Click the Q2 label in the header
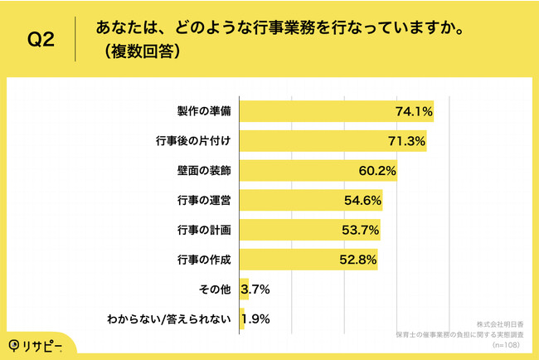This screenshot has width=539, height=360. click(41, 40)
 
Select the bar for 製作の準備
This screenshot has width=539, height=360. click(315, 111)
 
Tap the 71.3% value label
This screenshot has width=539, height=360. click(406, 141)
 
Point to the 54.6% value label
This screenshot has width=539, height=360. click(362, 201)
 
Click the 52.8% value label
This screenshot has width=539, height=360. click(357, 260)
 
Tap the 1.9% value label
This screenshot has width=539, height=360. click(255, 319)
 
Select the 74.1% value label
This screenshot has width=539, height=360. click(415, 111)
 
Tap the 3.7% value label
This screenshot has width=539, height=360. click(255, 289)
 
